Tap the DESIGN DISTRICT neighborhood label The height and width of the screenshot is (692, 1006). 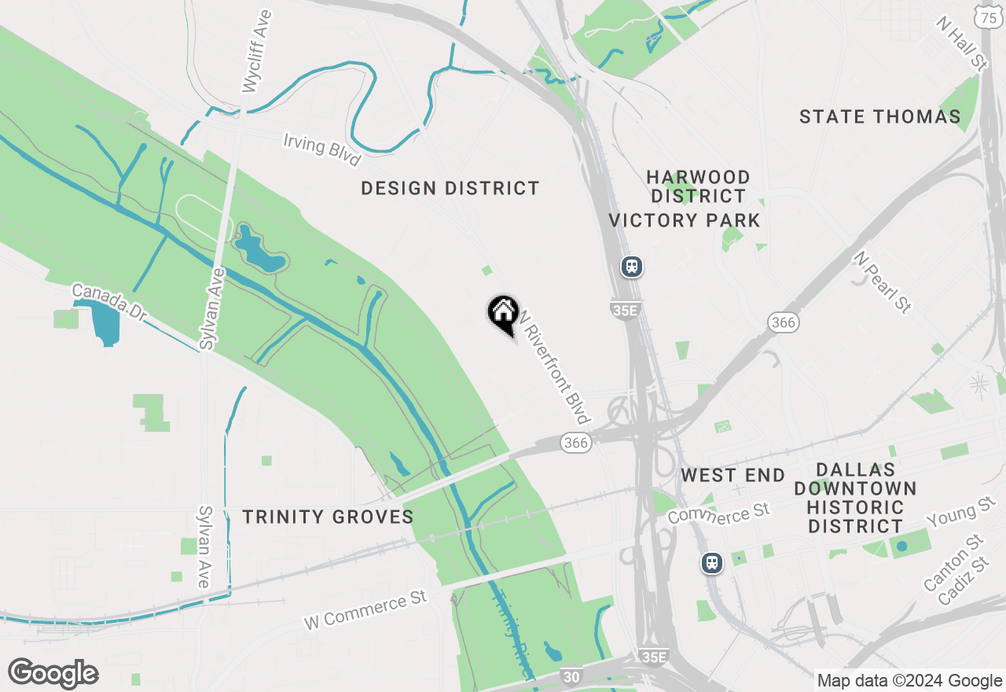(x=450, y=189)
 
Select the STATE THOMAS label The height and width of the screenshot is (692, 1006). (x=880, y=117)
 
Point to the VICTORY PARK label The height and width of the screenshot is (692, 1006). (x=685, y=220)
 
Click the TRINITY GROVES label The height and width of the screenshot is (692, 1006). (x=328, y=517)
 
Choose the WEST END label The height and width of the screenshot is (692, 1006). (x=732, y=475)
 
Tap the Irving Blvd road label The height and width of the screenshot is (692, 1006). (x=322, y=149)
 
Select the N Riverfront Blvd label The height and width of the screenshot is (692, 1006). (x=554, y=363)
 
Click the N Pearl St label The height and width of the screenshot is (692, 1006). (x=884, y=282)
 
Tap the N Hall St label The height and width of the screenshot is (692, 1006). (x=961, y=44)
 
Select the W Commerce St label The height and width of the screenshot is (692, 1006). (x=365, y=609)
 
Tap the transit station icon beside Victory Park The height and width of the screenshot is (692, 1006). (x=632, y=267)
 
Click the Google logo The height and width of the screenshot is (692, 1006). (x=53, y=674)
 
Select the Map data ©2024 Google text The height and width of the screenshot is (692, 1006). (x=909, y=681)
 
